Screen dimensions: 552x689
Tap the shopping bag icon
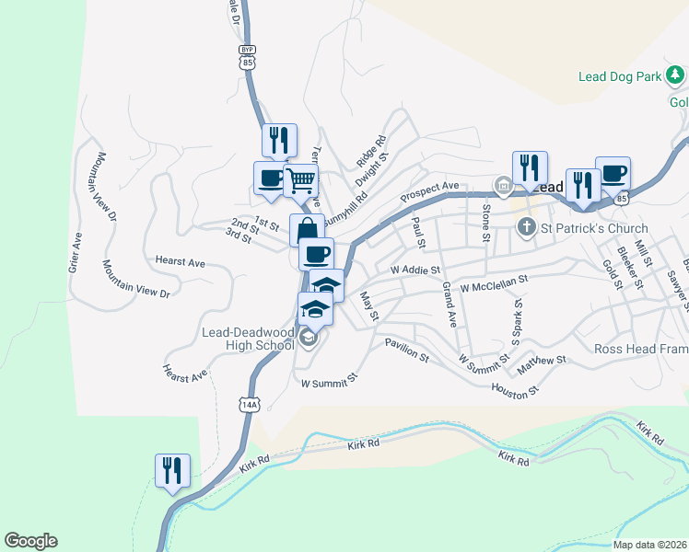tap(307, 229)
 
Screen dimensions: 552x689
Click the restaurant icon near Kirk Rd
tap(172, 470)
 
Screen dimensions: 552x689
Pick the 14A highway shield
tap(249, 404)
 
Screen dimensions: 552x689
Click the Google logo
tap(30, 541)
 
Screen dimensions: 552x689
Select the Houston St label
tap(515, 391)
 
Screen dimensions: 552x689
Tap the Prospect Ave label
tap(429, 192)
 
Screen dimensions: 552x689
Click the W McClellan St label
tap(493, 282)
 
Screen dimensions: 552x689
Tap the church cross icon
tap(526, 226)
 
